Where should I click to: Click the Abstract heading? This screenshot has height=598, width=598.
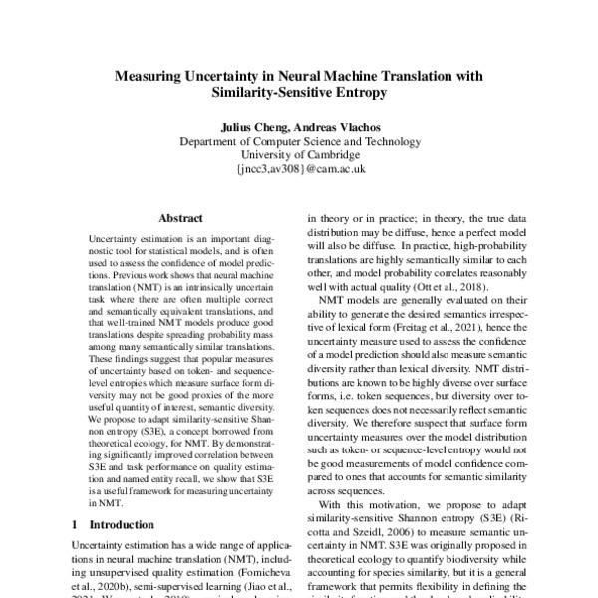[180, 217]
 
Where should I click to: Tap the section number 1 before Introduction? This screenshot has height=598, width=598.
[76, 524]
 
